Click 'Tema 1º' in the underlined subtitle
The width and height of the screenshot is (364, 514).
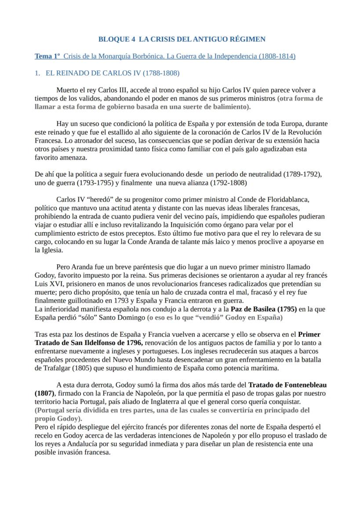(47, 56)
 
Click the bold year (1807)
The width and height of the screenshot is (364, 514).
(44, 393)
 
